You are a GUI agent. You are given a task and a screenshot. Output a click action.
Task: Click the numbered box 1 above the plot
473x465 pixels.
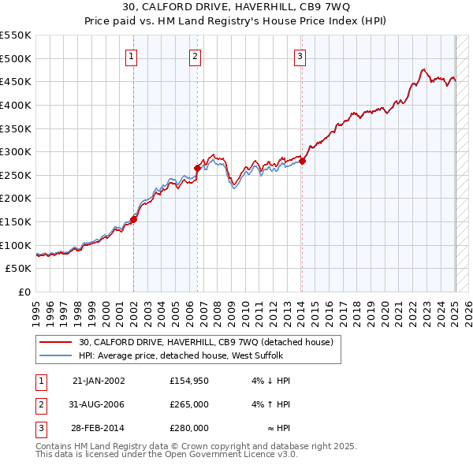tap(131, 55)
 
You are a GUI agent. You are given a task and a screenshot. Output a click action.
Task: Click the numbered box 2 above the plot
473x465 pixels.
tap(195, 55)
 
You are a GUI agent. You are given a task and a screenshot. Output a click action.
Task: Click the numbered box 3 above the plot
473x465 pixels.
tap(300, 55)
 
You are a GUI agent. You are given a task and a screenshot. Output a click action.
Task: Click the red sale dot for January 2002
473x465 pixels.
tap(133, 220)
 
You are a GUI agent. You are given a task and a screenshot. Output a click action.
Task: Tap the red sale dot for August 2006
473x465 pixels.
tap(197, 168)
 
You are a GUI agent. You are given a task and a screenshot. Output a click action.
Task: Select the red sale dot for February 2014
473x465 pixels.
tap(302, 161)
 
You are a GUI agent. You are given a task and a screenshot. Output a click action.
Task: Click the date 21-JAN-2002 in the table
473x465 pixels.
tap(99, 381)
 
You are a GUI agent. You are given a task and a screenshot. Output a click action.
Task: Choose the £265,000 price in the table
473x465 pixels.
tap(188, 404)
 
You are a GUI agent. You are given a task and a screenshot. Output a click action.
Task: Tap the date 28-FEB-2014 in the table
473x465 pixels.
tap(99, 428)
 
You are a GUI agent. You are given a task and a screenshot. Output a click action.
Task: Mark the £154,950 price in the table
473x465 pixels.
tap(188, 381)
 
